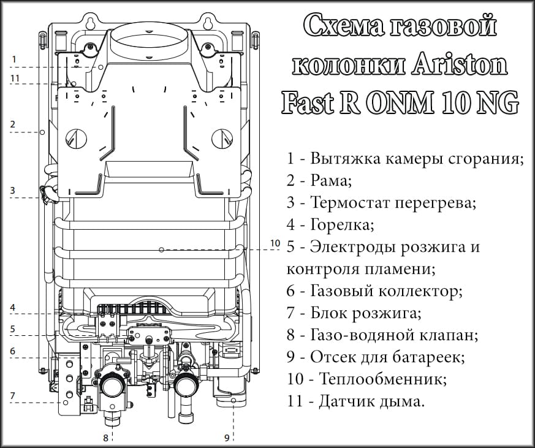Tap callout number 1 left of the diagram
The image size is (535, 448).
pos(13,59)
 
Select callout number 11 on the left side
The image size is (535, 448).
pos(15,78)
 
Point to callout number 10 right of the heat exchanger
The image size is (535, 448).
pos(275,243)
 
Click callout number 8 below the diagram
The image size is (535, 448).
pos(105,438)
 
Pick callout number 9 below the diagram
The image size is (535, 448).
pos(227,438)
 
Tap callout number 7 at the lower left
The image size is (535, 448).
pos(12,395)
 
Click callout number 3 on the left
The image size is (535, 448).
pos(12,191)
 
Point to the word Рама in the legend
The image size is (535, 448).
pos(332,181)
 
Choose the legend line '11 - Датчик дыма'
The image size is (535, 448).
pos(355,401)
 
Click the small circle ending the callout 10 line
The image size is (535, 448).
pos(161,249)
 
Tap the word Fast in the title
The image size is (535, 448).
pos(305,102)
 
